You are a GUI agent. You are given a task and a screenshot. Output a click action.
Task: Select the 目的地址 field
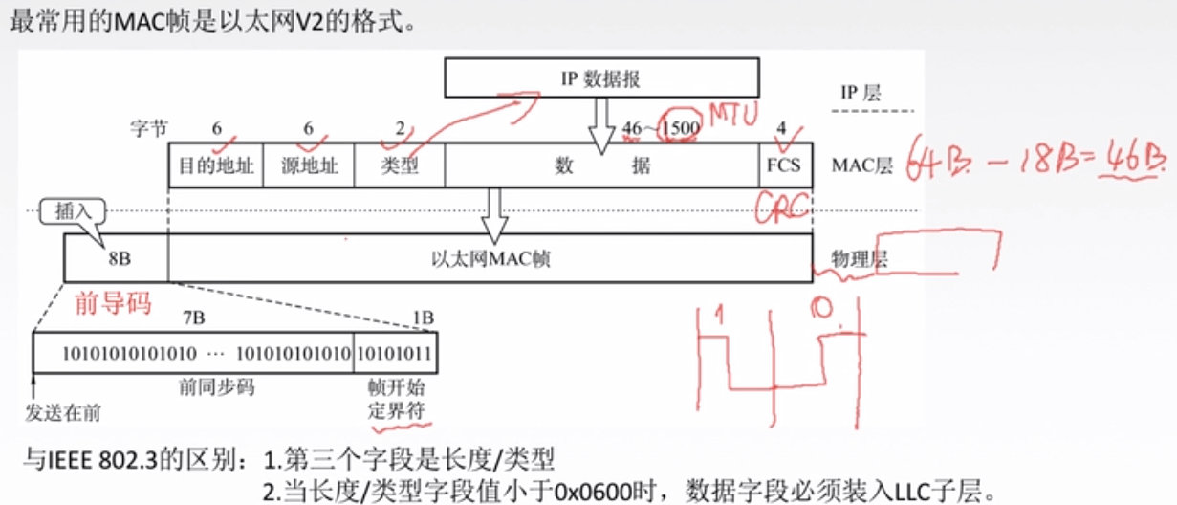click(216, 165)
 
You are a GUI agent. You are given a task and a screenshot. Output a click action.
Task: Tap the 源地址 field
click(307, 165)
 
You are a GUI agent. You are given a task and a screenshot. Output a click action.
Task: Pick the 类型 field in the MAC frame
click(400, 165)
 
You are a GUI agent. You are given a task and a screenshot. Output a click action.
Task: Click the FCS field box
click(782, 165)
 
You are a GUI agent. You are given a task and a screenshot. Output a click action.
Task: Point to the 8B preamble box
click(116, 257)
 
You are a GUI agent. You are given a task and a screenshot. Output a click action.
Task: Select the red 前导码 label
click(113, 304)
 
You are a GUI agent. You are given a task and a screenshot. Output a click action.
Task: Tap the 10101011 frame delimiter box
click(396, 353)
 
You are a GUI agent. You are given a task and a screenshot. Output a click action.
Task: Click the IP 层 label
click(858, 93)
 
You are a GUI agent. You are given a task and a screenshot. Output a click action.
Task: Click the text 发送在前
click(63, 413)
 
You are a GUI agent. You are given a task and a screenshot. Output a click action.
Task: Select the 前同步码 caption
click(194, 389)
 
